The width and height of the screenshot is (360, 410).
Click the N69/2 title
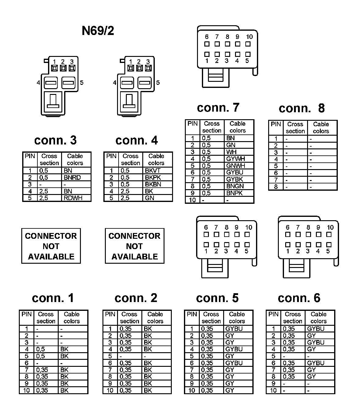pyautogui.click(x=98, y=31)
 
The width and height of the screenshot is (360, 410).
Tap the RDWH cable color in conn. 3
pyautogui.click(x=73, y=198)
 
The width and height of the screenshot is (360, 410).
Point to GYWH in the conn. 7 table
pyautogui.click(x=235, y=159)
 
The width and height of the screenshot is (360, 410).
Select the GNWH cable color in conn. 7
pyautogui.click(x=235, y=166)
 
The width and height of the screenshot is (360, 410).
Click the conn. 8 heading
pyautogui.click(x=302, y=108)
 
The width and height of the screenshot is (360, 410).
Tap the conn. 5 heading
pyautogui.click(x=217, y=298)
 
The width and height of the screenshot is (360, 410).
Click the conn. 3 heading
pyautogui.click(x=55, y=140)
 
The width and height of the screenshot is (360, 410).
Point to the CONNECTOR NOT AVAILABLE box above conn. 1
pyautogui.click(x=51, y=246)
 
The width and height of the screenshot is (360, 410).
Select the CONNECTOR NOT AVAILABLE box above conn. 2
pyautogui.click(x=134, y=246)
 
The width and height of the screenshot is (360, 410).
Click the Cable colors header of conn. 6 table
pyautogui.click(x=318, y=318)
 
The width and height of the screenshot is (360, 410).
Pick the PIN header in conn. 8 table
pyautogui.click(x=275, y=124)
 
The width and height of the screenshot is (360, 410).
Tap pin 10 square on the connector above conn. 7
pyautogui.click(x=248, y=44)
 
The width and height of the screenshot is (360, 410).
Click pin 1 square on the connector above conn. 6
pyautogui.click(x=288, y=244)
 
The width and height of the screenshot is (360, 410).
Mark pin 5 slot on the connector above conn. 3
pyautogui.click(x=68, y=82)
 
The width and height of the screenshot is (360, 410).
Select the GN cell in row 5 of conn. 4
pyautogui.click(x=150, y=198)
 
